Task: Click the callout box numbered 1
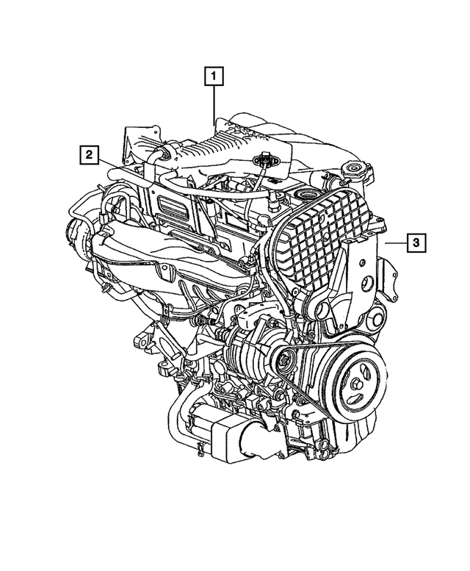click(x=214, y=75)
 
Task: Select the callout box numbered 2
click(x=88, y=154)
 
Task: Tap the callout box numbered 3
click(x=415, y=242)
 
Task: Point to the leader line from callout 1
click(x=214, y=103)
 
